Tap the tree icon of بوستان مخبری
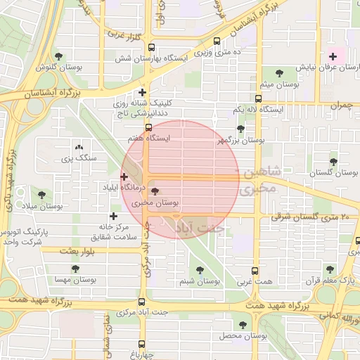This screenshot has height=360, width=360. point(155,192)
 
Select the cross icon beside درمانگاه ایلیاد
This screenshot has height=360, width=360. point(124,176)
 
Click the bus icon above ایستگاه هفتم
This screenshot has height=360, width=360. point(148,127)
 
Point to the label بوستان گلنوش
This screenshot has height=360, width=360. point(56,67)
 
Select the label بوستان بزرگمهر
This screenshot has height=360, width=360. point(240,141)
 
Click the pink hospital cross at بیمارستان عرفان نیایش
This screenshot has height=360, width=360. point(333,56)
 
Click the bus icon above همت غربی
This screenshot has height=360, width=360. point(255,271)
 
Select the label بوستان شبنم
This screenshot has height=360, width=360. point(200,281)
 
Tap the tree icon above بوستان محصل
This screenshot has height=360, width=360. point(243,326)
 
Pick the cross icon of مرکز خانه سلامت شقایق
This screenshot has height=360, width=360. point(113,216)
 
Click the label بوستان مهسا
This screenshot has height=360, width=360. point(80,280)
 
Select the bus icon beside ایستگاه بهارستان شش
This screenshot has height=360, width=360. point(217,41)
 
